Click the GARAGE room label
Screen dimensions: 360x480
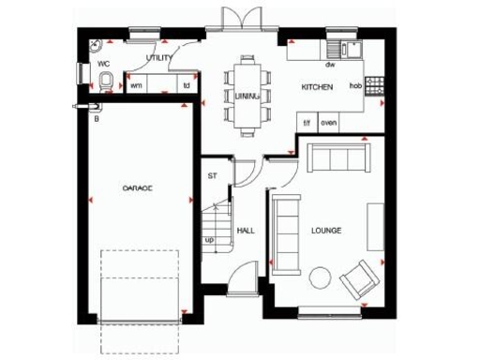pyautogui.click(x=137, y=187)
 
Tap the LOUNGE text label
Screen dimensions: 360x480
pyautogui.click(x=325, y=230)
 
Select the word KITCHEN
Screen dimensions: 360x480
pyautogui.click(x=316, y=87)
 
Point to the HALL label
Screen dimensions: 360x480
pyautogui.click(x=247, y=230)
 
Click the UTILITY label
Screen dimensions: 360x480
pyautogui.click(x=159, y=58)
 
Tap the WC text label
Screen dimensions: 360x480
pyautogui.click(x=104, y=64)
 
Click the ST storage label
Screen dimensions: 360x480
pyautogui.click(x=212, y=174)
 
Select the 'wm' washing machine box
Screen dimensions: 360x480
pyautogui.click(x=136, y=85)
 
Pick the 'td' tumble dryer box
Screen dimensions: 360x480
pyautogui.click(x=187, y=85)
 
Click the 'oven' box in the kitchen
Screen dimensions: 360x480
pyautogui.click(x=328, y=123)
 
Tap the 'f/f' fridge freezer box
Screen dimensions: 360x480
pyautogui.click(x=307, y=123)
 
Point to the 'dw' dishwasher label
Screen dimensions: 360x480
pyautogui.click(x=330, y=66)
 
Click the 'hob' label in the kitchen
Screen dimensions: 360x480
pyautogui.click(x=355, y=86)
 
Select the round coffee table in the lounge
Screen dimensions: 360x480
pyautogui.click(x=320, y=277)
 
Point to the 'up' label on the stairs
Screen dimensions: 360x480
pyautogui.click(x=209, y=240)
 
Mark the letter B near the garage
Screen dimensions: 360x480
pyautogui.click(x=96, y=119)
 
